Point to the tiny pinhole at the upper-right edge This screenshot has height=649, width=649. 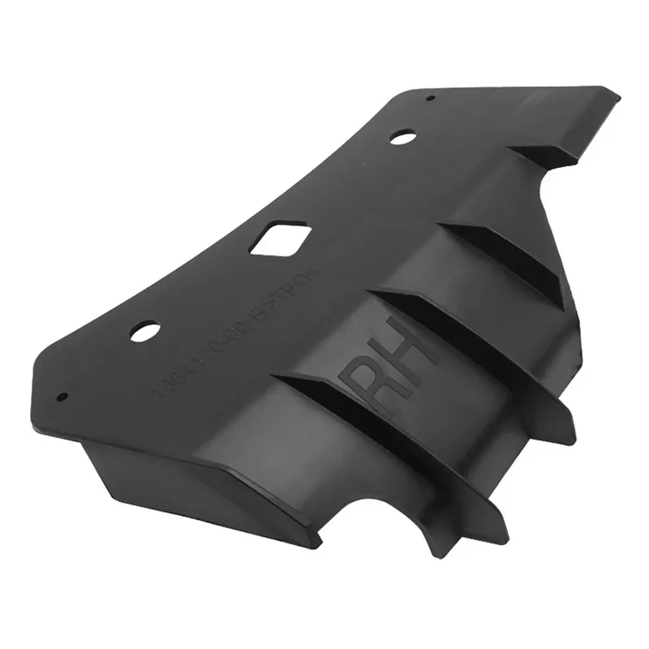430,99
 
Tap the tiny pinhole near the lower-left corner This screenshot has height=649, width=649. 62,397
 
